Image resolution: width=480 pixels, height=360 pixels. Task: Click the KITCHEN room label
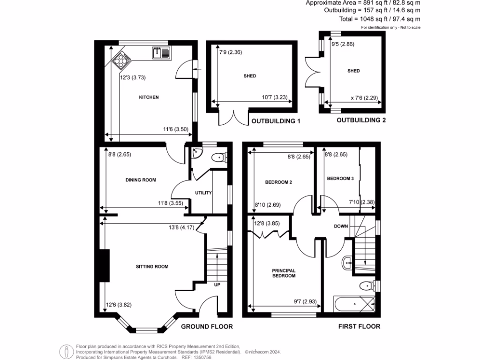click(x=149, y=97)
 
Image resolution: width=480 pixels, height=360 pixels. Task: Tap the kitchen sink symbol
click(x=162, y=53)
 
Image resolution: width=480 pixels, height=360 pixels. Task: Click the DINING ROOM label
click(x=141, y=180)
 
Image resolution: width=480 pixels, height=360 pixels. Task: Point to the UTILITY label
click(x=204, y=193)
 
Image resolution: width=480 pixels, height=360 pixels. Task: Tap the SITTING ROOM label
click(x=152, y=267)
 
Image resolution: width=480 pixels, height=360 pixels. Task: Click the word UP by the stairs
click(x=217, y=285)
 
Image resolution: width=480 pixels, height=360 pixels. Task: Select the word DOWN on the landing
click(x=341, y=226)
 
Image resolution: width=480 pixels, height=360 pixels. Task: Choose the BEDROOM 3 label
click(x=340, y=179)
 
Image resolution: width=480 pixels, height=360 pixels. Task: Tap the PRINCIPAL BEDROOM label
click(x=284, y=273)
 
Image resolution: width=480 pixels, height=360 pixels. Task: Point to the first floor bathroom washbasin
click(x=348, y=263)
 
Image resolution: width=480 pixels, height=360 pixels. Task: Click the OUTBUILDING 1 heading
click(x=276, y=121)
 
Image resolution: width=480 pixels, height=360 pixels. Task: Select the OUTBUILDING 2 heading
click(x=361, y=120)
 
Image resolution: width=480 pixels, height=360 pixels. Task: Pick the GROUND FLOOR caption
click(x=207, y=326)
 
